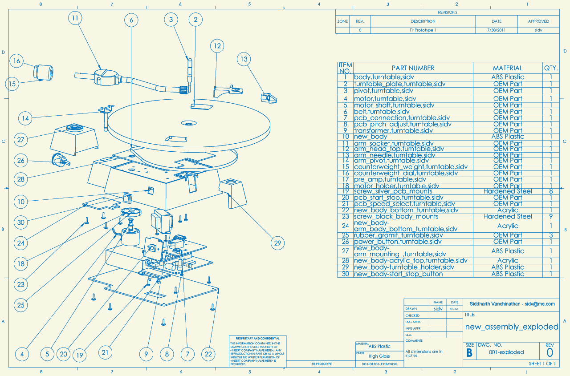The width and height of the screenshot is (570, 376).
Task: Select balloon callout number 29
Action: pos(278,243)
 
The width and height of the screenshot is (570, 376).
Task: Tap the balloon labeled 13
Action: pos(244,59)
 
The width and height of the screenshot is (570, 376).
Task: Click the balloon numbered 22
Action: pos(208,354)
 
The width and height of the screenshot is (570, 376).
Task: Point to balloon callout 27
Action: pos(20,139)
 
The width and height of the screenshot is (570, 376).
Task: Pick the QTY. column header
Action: pos(550,68)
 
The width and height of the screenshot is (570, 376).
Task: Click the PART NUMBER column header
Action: pos(413,68)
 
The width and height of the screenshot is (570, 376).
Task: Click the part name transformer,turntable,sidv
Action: pos(393,131)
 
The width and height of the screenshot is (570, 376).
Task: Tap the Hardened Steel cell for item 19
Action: pos(508,191)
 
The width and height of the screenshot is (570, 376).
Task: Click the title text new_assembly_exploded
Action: pos(512,327)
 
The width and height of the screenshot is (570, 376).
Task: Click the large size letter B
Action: pos(469,353)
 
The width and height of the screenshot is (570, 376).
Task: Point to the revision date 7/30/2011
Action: pos(497,30)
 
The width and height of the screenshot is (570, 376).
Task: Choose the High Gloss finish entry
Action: pos(379,356)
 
